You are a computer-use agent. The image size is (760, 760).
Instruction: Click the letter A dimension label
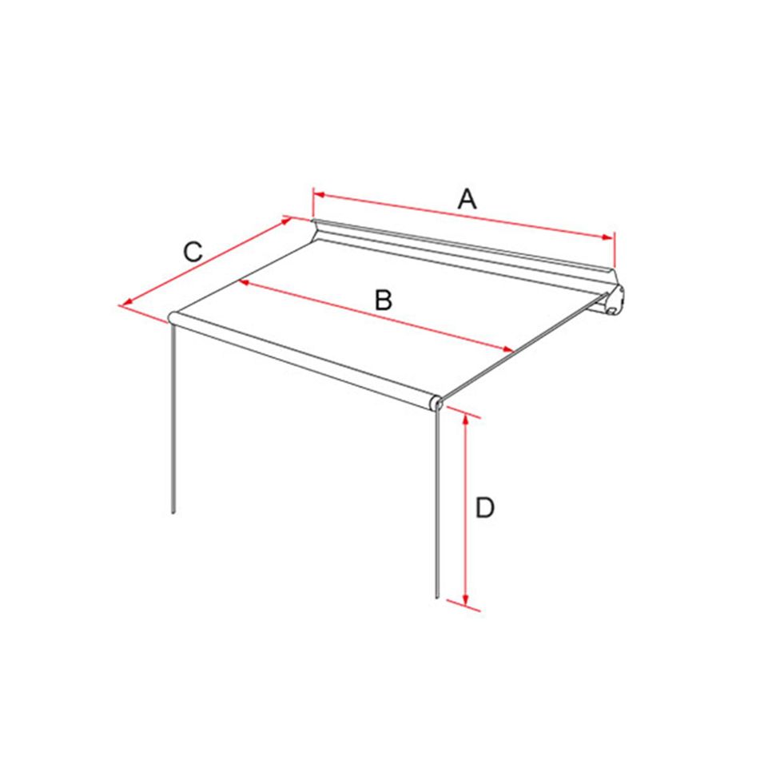click(468, 199)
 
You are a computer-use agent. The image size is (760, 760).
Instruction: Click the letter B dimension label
click(384, 300)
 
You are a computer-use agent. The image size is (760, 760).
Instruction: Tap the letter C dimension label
click(193, 252)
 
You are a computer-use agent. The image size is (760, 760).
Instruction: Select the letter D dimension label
click(485, 508)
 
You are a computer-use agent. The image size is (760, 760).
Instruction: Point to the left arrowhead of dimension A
click(318, 195)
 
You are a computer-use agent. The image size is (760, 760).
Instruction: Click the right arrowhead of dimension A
click(607, 237)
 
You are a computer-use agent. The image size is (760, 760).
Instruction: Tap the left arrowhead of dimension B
click(244, 282)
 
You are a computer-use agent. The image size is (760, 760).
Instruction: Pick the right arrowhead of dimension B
click(507, 349)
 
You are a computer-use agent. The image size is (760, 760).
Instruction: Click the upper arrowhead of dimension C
click(286, 221)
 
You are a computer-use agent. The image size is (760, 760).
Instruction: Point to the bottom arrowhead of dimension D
click(466, 600)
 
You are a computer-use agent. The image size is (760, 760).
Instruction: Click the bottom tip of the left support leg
click(173, 512)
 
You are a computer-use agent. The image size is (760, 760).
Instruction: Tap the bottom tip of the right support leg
click(436, 597)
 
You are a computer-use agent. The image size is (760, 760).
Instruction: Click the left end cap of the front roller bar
click(173, 318)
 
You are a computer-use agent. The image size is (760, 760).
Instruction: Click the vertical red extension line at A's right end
click(614, 250)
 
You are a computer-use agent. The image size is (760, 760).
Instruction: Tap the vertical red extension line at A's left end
click(312, 204)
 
